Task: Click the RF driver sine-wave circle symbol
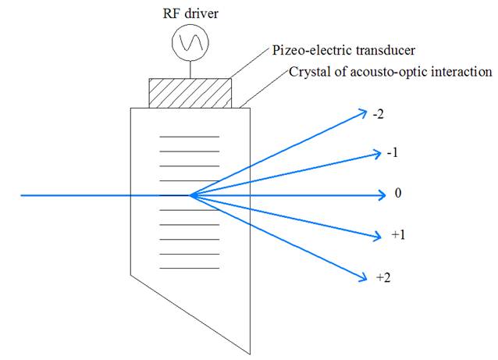(x=187, y=45)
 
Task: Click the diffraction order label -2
(x=379, y=113)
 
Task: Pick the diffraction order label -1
(x=393, y=153)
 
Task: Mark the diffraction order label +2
(x=383, y=277)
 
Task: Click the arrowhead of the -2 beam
(x=364, y=113)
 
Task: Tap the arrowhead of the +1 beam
(x=379, y=233)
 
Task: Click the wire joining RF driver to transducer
(x=187, y=68)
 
